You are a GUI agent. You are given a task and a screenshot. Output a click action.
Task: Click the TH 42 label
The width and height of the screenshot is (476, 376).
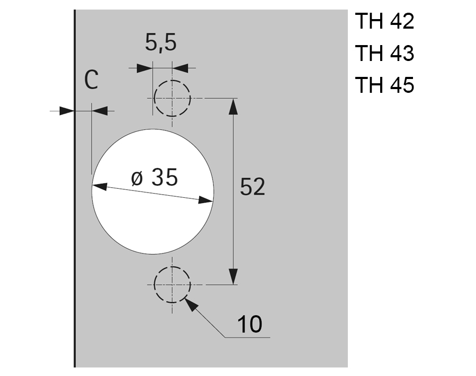[x=384, y=21]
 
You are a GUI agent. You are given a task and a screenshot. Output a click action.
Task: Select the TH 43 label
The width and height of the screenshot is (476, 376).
[x=384, y=53]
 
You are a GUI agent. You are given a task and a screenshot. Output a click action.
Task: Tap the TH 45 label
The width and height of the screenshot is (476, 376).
[x=384, y=84]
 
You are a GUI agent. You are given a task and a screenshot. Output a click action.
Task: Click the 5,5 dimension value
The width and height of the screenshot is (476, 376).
[x=160, y=42]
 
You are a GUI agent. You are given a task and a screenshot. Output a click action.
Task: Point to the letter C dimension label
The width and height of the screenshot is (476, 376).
[x=92, y=80]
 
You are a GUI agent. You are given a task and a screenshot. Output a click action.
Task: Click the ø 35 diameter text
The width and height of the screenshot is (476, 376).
[x=154, y=177]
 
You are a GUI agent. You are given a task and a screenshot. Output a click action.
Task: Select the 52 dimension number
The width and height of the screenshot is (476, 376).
[x=252, y=187]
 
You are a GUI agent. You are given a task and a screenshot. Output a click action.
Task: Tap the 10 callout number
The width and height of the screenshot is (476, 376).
[x=250, y=324]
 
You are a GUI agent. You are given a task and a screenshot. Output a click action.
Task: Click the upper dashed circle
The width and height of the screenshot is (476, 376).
[x=173, y=81]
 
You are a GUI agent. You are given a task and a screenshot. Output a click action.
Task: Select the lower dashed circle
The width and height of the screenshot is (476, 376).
[x=173, y=267]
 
